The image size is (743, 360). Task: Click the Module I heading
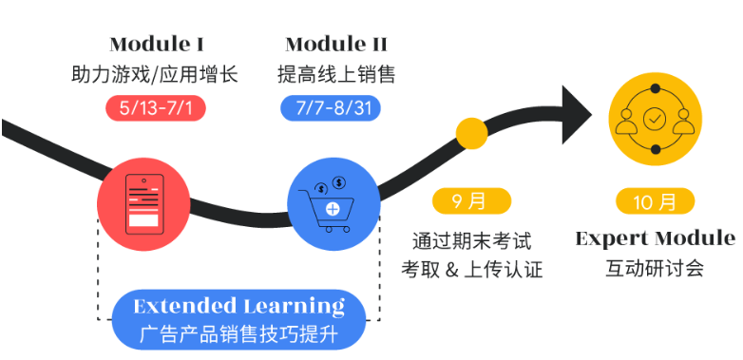tap(157, 44)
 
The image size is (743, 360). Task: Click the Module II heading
tap(336, 44)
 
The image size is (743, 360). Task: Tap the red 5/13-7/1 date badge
tap(156, 106)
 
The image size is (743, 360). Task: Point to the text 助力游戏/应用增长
tap(155, 74)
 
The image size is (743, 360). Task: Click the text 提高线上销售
tap(336, 74)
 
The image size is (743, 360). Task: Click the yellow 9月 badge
tap(471, 201)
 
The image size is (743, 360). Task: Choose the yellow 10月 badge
tap(655, 201)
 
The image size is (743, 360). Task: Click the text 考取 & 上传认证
tap(471, 269)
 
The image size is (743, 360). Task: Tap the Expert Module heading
tap(655, 237)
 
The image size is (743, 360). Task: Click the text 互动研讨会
tap(655, 269)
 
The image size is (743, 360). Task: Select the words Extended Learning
tap(238, 306)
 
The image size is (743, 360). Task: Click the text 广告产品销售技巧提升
tap(238, 334)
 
